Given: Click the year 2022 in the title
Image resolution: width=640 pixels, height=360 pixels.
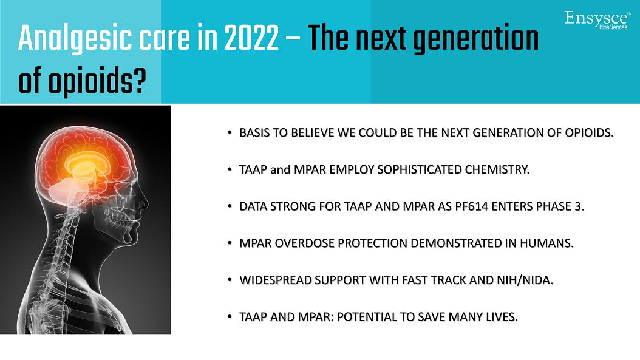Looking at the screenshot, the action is click(x=251, y=38).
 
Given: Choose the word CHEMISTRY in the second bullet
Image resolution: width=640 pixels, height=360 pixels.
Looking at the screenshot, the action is click(x=497, y=170).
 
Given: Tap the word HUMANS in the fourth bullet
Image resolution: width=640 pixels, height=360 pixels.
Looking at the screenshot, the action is click(x=546, y=243).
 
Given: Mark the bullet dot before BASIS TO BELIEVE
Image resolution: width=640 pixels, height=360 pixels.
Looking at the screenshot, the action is click(x=230, y=132).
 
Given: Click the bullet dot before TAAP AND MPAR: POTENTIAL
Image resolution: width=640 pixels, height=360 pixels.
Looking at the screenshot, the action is click(x=230, y=316).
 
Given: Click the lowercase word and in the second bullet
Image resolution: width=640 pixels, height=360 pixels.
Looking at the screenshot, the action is click(x=280, y=170).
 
